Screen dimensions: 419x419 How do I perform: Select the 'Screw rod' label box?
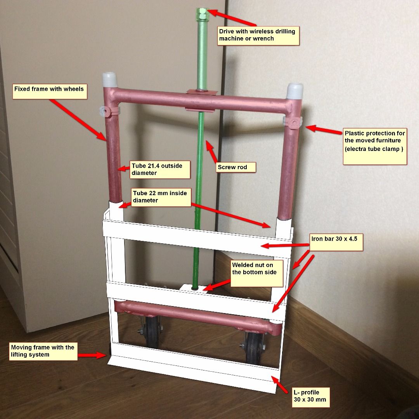pos(232,167)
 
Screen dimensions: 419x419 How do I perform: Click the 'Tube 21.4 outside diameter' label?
pos(160,170)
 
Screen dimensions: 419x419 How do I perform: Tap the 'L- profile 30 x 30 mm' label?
pos(310,396)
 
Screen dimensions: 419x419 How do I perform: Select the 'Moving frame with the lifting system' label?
pos(43,351)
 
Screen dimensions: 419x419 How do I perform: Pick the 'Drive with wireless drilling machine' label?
pos(258,35)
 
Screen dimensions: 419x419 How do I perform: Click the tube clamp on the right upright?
pos(294,122)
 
